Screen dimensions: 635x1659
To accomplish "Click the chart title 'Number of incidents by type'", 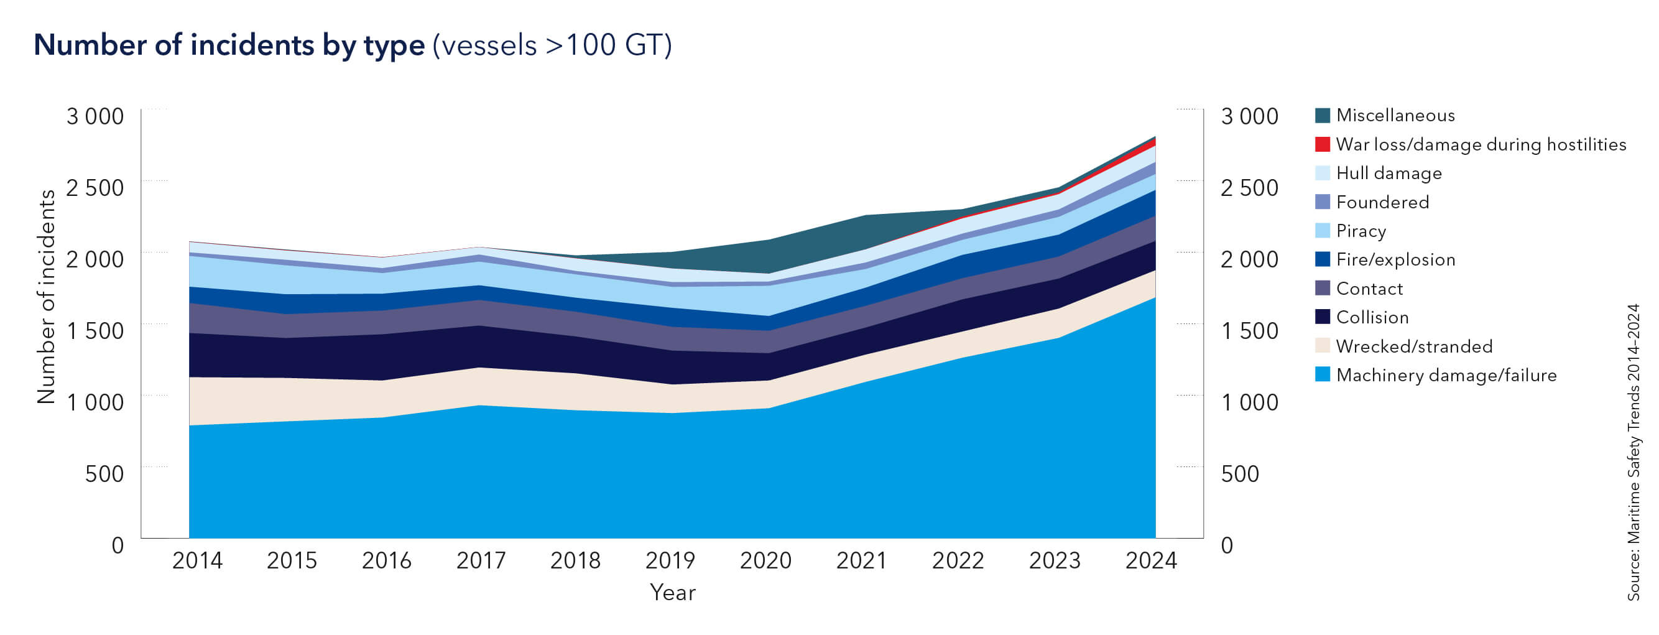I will point(229,45).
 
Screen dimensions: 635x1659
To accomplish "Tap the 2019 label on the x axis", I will point(670,560).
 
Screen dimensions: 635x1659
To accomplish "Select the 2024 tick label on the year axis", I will point(1151,560).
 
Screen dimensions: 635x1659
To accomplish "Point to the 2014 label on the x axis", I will point(197,560).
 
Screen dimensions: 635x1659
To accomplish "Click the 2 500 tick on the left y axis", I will point(95,187).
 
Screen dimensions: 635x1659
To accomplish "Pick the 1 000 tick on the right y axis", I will point(1249,402).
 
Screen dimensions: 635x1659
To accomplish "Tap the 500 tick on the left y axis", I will point(104,473).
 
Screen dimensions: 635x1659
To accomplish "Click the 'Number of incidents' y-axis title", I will point(47,297).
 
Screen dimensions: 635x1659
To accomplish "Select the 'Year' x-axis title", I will point(672,593).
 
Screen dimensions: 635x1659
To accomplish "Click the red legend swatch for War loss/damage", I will point(1322,144).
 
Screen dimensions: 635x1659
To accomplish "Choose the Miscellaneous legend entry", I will point(1395,115).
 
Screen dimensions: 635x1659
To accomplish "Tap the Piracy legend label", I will point(1361,231).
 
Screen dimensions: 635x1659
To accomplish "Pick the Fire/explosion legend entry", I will point(1395,259).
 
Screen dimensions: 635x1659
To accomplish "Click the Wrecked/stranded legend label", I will point(1413,346).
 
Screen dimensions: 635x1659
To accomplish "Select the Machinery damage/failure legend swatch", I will point(1322,375).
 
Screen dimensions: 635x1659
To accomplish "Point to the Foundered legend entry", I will point(1382,202).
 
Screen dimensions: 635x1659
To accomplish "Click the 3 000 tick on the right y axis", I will point(1249,116).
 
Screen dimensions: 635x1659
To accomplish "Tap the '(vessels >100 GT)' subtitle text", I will point(552,45).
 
